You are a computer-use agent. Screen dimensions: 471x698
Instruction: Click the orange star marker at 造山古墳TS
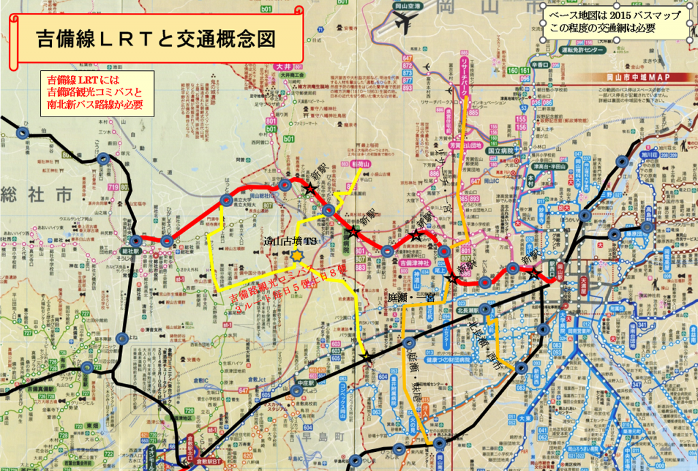click(297, 254)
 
